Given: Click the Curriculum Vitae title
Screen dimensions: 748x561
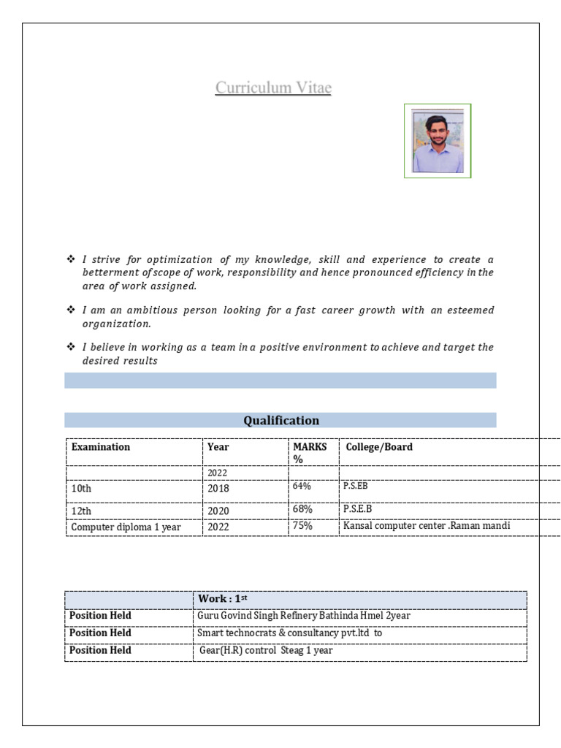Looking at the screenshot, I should [273, 88].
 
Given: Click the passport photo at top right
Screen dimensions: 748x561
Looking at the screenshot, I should [438, 141].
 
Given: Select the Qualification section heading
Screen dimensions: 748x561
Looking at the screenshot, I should [280, 420].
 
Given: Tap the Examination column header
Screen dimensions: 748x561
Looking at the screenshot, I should [101, 447].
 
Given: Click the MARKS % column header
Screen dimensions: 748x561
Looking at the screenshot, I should [310, 453].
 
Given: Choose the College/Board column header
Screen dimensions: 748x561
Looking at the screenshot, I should [379, 447].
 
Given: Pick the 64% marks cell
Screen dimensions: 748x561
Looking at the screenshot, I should [302, 486].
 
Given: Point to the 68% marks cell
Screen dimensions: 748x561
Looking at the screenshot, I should [302, 508].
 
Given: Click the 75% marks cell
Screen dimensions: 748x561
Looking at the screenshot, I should [302, 526].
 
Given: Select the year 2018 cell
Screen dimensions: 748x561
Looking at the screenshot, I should [218, 487].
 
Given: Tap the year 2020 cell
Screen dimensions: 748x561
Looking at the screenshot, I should [218, 511].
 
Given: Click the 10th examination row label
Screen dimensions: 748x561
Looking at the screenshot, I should [81, 487].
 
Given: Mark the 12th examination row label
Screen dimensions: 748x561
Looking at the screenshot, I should [81, 511].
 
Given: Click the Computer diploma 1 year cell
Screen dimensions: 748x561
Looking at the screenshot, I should [125, 527].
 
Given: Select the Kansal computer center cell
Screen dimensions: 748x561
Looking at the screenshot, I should [426, 526].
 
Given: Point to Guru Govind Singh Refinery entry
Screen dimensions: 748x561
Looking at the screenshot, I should [304, 616].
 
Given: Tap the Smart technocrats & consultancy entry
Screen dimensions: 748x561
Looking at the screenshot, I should [289, 633].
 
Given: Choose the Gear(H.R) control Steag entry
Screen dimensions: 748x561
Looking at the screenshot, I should [266, 650].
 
